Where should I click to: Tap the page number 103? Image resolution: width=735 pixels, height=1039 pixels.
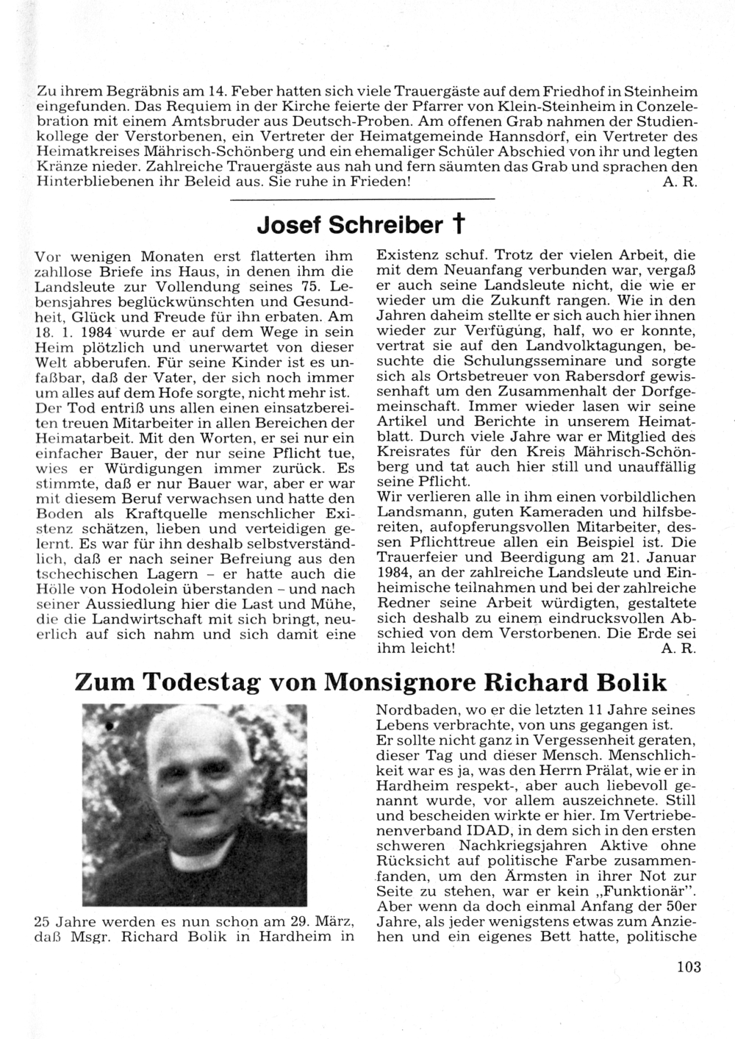point(689,966)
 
